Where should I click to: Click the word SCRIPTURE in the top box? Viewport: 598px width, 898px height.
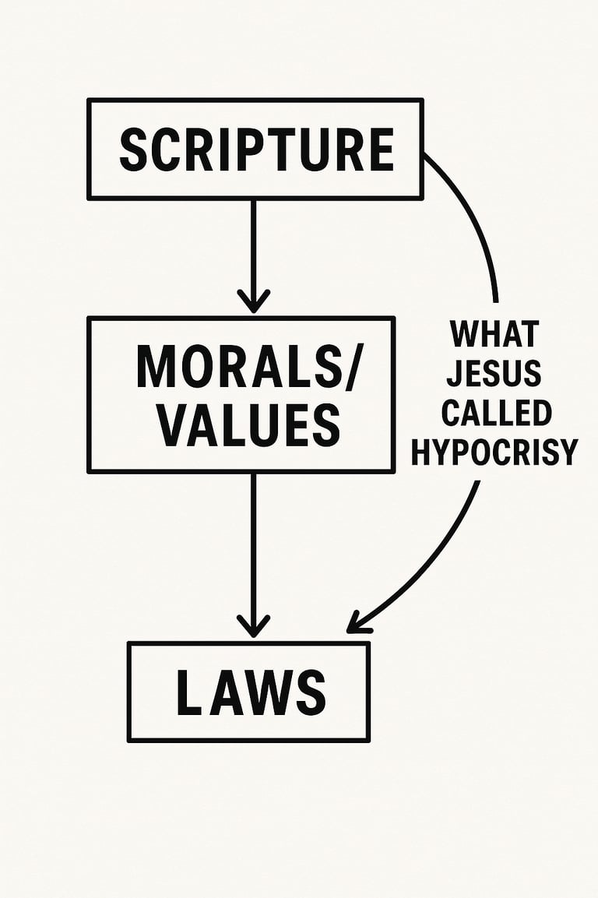(256, 150)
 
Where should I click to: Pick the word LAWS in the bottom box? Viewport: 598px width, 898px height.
(250, 692)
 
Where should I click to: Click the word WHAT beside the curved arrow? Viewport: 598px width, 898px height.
(494, 335)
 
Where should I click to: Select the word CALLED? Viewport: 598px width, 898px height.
(496, 413)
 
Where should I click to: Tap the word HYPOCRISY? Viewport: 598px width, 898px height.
(494, 452)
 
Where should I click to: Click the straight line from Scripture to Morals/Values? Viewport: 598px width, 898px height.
(253, 241)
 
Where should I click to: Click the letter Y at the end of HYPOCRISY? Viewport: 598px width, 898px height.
(568, 452)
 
